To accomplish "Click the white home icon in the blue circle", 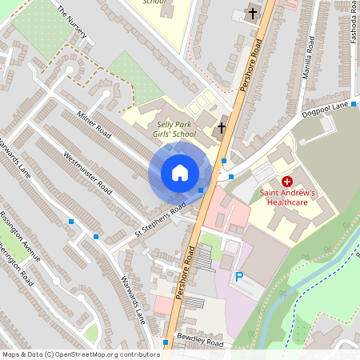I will [x=180, y=172].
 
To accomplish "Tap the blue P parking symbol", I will [x=238, y=277].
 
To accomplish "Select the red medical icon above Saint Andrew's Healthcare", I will [x=286, y=182].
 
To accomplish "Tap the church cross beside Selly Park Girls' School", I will [x=222, y=127].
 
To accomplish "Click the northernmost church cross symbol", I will [x=252, y=14].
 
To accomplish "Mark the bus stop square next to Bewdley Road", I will [x=166, y=342].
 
